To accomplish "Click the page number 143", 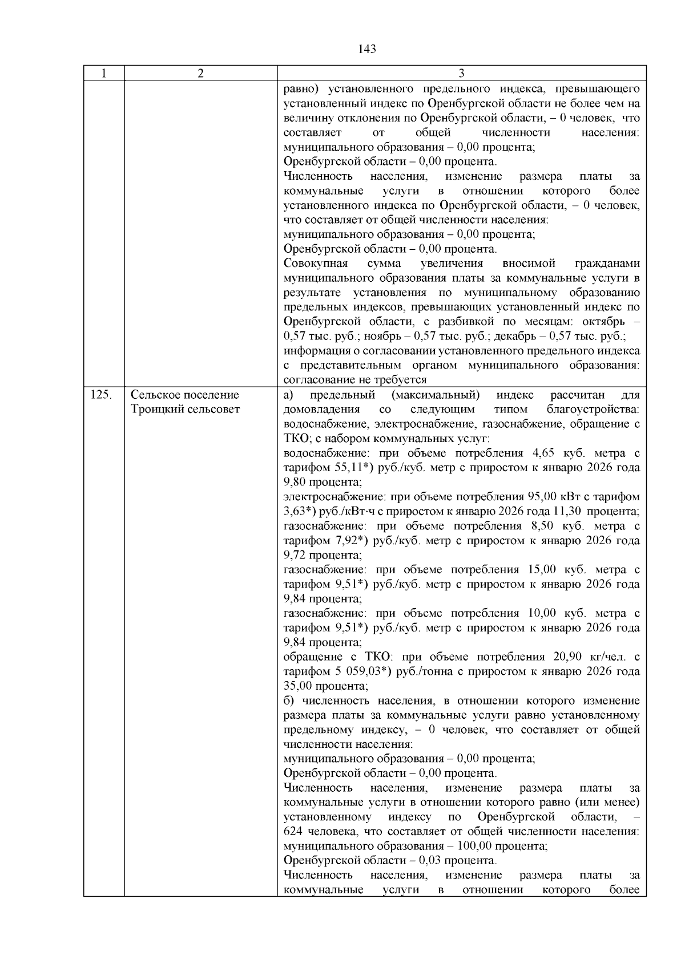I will tap(368, 49).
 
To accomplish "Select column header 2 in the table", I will tap(200, 74).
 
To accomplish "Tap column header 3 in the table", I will tap(461, 74).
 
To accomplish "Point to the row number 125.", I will tap(101, 395).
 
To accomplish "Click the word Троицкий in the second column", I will tap(156, 410).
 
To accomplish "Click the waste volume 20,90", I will tap(568, 657).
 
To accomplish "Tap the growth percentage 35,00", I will tap(297, 686).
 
